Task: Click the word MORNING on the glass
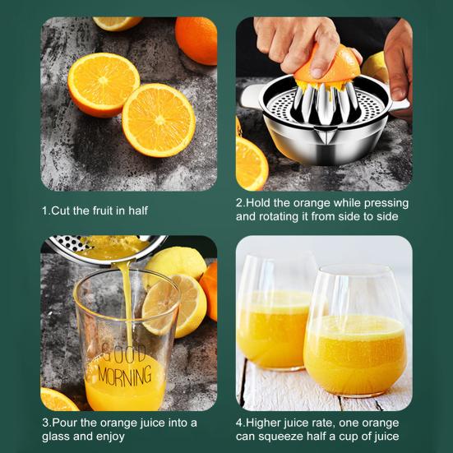(x=124, y=376)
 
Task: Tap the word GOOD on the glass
(x=123, y=354)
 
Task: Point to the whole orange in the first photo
(x=197, y=39)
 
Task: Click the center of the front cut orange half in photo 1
(x=159, y=120)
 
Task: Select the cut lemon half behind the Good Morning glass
(x=174, y=306)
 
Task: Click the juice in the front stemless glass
(x=355, y=354)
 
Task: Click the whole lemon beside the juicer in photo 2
(x=376, y=67)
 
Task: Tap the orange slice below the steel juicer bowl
(x=252, y=164)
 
